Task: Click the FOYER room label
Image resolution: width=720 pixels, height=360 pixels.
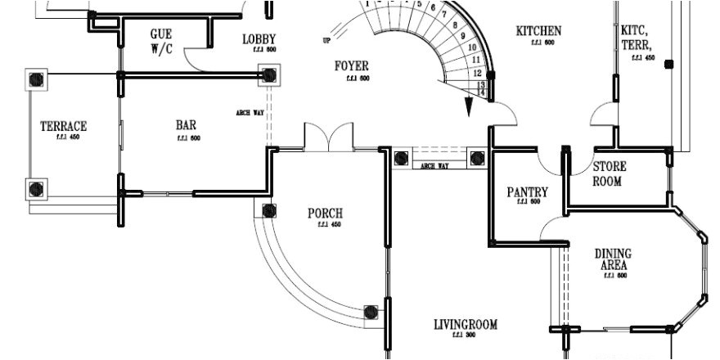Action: tap(352, 66)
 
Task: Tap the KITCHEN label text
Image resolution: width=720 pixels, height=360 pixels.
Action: tap(538, 31)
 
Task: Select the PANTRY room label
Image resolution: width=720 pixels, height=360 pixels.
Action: tap(528, 192)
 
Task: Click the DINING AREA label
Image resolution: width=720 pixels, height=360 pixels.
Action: tap(613, 259)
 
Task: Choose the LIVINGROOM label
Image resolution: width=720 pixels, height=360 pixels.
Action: tap(466, 325)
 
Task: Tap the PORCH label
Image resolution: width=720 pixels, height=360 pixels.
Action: tap(325, 214)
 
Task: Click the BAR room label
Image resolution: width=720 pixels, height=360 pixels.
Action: tap(186, 126)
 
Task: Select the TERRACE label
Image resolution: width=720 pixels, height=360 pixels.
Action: tap(63, 127)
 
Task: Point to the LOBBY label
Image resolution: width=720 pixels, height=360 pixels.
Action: tap(259, 38)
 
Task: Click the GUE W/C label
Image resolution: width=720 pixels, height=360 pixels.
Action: tap(160, 41)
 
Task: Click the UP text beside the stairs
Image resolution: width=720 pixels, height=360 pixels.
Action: tap(328, 40)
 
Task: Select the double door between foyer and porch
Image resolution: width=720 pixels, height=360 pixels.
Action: tap(328, 137)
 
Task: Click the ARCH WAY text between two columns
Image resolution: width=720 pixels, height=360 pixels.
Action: tap(434, 166)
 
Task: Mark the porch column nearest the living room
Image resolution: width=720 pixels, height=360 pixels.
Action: tap(371, 312)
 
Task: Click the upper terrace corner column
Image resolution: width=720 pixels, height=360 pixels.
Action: tap(37, 79)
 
